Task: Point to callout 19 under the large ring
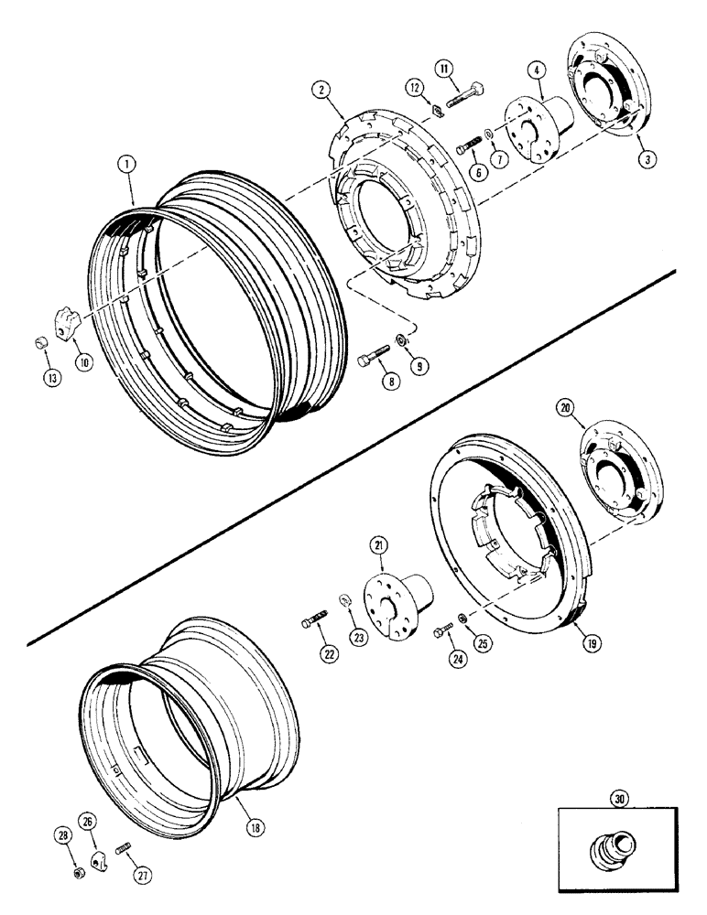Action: [567, 643]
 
